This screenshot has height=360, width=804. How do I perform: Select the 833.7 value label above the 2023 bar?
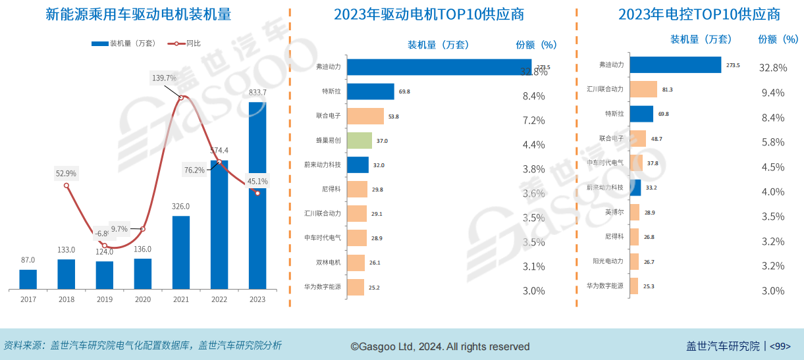click(x=257, y=92)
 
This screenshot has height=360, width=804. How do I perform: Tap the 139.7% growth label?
click(x=164, y=78)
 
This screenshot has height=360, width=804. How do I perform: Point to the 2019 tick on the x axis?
click(x=104, y=299)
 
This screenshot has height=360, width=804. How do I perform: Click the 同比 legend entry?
click(x=193, y=43)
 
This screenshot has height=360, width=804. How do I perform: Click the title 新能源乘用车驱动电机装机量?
click(x=138, y=14)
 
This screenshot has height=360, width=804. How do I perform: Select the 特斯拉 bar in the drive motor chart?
click(x=370, y=91)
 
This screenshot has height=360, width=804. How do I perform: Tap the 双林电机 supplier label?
click(x=329, y=263)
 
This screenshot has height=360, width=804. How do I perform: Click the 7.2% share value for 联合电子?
click(x=533, y=120)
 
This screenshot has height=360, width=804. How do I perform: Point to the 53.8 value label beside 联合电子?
click(x=394, y=116)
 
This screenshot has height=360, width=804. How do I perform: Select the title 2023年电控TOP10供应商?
click(x=690, y=14)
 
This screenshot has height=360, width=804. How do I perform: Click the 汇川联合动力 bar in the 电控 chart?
click(x=643, y=90)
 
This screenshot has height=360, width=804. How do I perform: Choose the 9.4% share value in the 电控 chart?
click(x=772, y=93)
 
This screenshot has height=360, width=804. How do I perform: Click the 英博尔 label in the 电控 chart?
click(x=614, y=213)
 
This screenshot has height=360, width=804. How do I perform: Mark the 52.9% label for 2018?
click(x=66, y=174)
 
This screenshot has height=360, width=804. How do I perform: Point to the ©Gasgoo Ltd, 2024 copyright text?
click(x=440, y=346)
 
